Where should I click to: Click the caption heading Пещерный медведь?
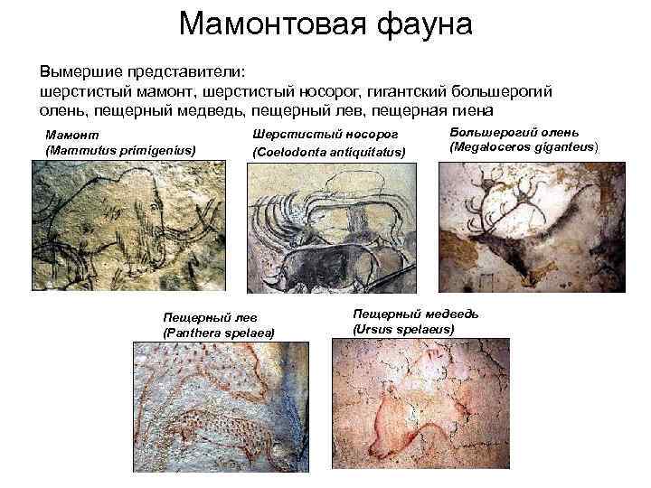pos(415,314)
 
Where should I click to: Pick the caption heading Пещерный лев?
pos(203,318)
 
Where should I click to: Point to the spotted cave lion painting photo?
pos(217,411)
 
